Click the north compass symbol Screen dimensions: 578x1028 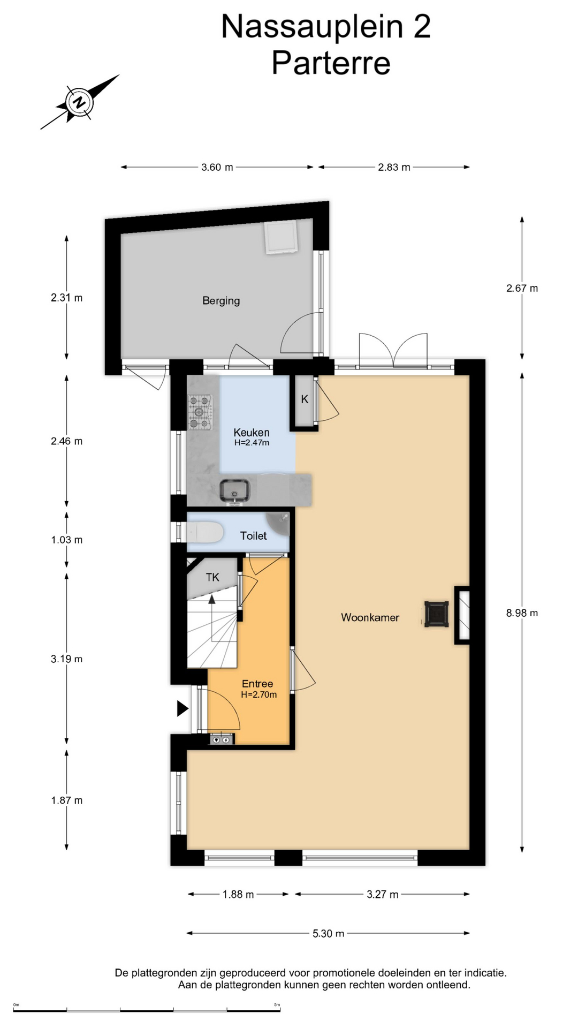click(x=80, y=102)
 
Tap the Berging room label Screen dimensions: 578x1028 click(x=221, y=301)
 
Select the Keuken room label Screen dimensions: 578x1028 click(x=251, y=432)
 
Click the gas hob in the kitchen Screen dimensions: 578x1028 click(x=200, y=412)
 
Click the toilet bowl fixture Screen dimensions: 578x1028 click(x=204, y=533)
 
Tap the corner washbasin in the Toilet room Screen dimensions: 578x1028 click(x=278, y=525)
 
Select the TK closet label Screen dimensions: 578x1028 click(x=212, y=577)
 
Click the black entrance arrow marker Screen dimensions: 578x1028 click(x=183, y=709)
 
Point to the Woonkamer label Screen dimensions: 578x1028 click(x=370, y=617)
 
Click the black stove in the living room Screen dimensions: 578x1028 click(x=436, y=614)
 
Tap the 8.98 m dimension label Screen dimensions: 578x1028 click(x=522, y=613)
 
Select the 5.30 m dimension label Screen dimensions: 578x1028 click(x=329, y=933)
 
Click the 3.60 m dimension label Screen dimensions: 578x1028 click(x=217, y=167)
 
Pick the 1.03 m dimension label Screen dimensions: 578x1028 click(x=67, y=540)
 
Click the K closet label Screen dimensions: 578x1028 click(x=305, y=399)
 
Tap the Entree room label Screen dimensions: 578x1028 click(x=257, y=684)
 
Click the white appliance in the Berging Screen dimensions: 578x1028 click(x=280, y=237)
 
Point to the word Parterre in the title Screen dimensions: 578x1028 click(x=331, y=63)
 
